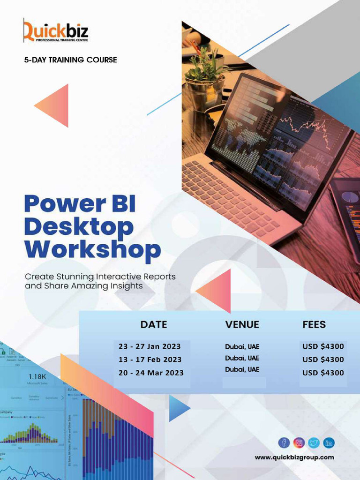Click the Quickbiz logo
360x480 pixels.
click(55, 32)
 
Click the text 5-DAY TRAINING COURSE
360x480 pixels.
click(70, 60)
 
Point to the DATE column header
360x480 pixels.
click(154, 324)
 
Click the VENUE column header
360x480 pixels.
click(242, 324)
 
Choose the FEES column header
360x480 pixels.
click(314, 324)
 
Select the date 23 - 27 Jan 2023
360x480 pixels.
click(150, 347)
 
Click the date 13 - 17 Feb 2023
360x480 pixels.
click(150, 360)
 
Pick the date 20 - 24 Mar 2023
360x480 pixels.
click(151, 373)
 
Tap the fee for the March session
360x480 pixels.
click(323, 373)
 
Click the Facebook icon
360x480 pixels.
click(284, 442)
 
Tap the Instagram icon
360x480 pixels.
click(299, 442)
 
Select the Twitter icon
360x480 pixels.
click(314, 442)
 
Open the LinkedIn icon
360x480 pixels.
click(329, 442)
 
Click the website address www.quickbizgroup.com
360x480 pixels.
click(294, 457)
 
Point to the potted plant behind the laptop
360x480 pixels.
click(205, 75)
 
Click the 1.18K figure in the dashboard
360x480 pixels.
click(37, 376)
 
